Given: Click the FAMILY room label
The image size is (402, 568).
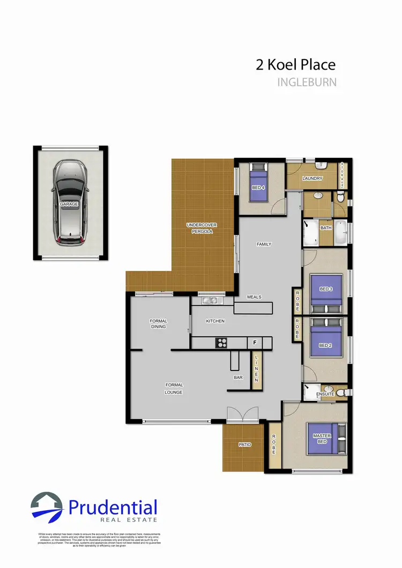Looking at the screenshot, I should point(264,244).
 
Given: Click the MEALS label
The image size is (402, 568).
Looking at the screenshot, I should point(254,297).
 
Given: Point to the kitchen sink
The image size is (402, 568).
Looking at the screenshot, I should point(207,299).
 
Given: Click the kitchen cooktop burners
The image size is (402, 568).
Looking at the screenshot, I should point(222,342).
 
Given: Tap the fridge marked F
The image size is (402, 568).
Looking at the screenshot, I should point(255,342).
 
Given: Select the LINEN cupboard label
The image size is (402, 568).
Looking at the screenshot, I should point(256,369).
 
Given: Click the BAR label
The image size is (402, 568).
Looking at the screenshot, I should point(239,377).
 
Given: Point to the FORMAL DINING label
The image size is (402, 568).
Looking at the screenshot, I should point(159,324).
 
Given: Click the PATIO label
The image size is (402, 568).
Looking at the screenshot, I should point(245,444).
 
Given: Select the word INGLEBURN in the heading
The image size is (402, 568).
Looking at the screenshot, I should point(307,82).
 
